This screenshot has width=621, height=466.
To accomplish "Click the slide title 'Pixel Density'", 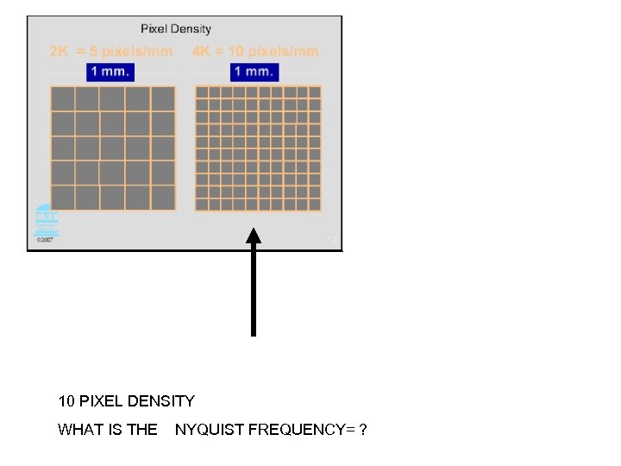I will click(x=176, y=29).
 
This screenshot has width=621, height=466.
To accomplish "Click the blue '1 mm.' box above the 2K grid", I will click(x=110, y=72).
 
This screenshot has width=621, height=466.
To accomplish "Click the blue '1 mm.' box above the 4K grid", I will click(x=254, y=72).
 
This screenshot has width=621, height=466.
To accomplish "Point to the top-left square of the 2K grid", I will click(x=63, y=99).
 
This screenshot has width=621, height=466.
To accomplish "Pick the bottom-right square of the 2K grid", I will click(x=163, y=198).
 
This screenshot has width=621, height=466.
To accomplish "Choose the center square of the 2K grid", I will click(x=113, y=148).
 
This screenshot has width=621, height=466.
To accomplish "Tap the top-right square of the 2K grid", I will click(x=163, y=99).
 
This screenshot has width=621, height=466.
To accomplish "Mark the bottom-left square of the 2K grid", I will click(x=63, y=198).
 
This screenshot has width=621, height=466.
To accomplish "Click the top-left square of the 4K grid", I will click(x=202, y=92).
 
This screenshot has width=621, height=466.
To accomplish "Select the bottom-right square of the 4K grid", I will click(x=315, y=205).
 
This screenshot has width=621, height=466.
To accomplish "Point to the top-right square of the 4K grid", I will click(x=315, y=92).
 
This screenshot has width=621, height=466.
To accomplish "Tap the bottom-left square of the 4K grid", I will click(x=202, y=205).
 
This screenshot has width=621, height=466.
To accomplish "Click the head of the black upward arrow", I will click(x=254, y=235).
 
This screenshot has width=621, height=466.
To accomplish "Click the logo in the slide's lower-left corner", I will click(x=45, y=221).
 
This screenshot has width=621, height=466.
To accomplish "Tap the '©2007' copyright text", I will click(x=45, y=241).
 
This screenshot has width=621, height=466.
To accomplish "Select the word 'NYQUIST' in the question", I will click(x=209, y=429).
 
